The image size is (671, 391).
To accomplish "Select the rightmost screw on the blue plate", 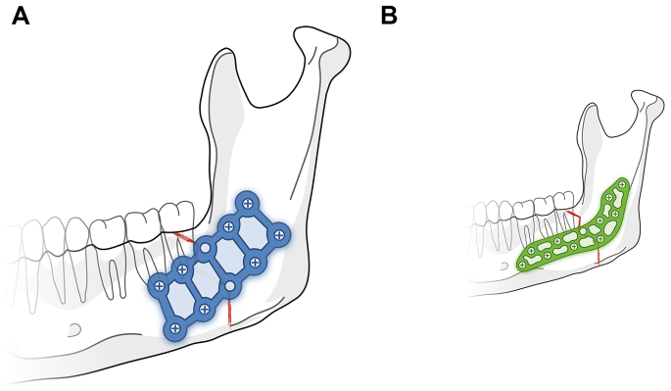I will click(279, 235).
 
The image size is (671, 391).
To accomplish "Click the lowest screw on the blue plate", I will click(175, 328).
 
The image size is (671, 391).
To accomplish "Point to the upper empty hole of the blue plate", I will click(206, 249).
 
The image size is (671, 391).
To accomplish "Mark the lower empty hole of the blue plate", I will click(229, 286).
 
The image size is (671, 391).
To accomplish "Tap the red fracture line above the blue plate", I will click(182, 238).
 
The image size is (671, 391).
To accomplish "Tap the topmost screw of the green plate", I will click(621, 183).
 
